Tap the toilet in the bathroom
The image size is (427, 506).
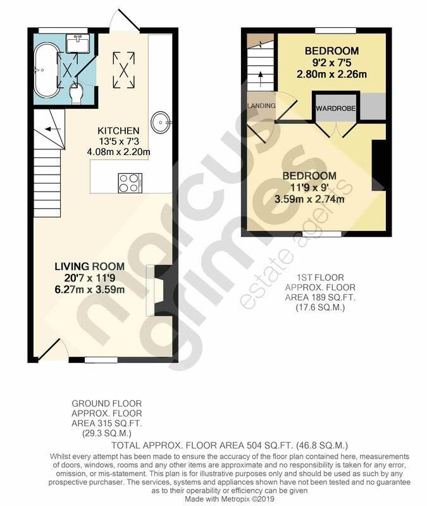point(77,95)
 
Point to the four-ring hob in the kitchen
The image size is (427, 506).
point(129,183)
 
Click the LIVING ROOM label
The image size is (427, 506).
point(89,266)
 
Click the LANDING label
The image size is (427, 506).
point(261,106)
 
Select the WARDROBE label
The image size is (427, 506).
point(336,109)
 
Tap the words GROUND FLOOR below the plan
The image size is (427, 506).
point(106,403)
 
